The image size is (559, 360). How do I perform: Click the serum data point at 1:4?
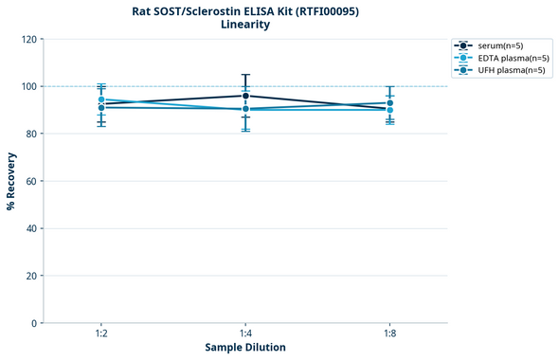(x=245, y=96)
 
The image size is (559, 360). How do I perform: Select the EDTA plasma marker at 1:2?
(x=101, y=99)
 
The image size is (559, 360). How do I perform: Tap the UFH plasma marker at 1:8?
(x=390, y=103)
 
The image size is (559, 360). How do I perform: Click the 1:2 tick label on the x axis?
(x=101, y=334)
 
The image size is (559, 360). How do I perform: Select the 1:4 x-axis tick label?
(x=245, y=334)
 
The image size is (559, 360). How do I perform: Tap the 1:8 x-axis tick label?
(x=390, y=334)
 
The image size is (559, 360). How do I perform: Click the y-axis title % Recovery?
(x=11, y=181)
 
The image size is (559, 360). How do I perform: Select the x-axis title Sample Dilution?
(x=245, y=348)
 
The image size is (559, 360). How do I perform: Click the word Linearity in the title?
(x=245, y=25)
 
